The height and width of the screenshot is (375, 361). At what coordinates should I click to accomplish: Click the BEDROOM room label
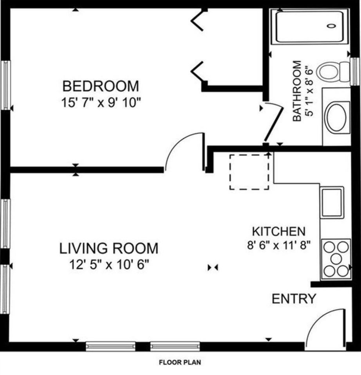click(x=101, y=85)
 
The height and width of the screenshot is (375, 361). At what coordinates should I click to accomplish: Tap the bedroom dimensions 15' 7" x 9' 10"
click(x=101, y=103)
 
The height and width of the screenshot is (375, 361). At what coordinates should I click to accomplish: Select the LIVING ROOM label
click(x=109, y=248)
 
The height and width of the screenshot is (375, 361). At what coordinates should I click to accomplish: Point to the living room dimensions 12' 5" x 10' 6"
click(x=109, y=265)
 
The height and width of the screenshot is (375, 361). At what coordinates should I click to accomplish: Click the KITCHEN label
click(x=278, y=230)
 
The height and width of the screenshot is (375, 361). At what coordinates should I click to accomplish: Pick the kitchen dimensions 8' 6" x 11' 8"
click(x=278, y=245)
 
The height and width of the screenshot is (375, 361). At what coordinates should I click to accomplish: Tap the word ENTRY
click(x=294, y=299)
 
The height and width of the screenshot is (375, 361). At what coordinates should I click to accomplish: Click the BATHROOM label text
click(x=298, y=91)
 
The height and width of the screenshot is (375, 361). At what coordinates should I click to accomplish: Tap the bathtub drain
click(x=331, y=26)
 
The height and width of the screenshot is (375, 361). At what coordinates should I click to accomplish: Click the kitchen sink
click(x=332, y=202)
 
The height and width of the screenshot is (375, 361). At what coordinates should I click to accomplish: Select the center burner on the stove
click(x=336, y=259)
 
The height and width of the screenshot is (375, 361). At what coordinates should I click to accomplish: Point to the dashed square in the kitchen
click(x=249, y=172)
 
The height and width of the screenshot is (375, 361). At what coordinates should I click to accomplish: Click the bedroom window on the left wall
click(x=5, y=85)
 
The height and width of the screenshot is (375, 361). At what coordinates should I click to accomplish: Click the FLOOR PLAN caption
click(x=180, y=362)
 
